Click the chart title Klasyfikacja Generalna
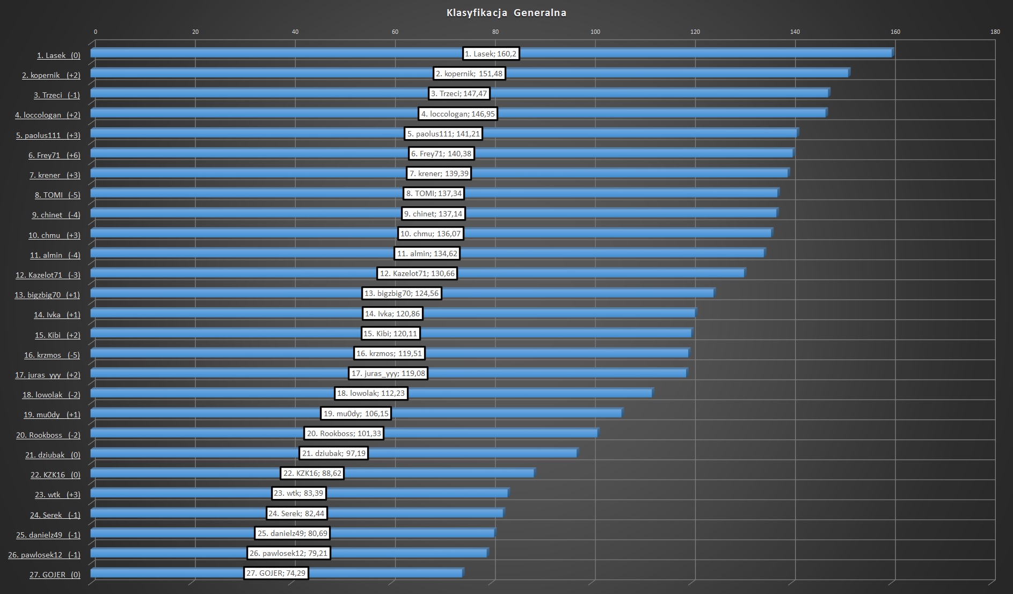pyautogui.click(x=506, y=13)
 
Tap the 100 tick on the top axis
pyautogui.click(x=595, y=32)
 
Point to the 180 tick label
pyautogui.click(x=995, y=32)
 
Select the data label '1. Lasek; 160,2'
pyautogui.click(x=491, y=54)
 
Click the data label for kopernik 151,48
pyautogui.click(x=469, y=74)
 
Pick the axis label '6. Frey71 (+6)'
pyautogui.click(x=54, y=155)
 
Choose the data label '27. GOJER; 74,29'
pyautogui.click(x=276, y=573)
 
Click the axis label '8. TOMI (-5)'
pyautogui.click(x=57, y=195)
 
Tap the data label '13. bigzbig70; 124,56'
pyautogui.click(x=402, y=293)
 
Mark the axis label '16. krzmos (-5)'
pyautogui.click(x=52, y=355)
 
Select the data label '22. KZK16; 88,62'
pyautogui.click(x=312, y=473)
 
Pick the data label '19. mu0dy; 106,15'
pyautogui.click(x=356, y=414)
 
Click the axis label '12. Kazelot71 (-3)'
pyautogui.click(x=48, y=275)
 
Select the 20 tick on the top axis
pyautogui.click(x=195, y=32)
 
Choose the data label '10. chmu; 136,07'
pyautogui.click(x=431, y=234)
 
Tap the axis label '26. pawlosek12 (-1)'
pyautogui.click(x=44, y=555)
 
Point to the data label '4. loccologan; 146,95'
pyautogui.click(x=458, y=114)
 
